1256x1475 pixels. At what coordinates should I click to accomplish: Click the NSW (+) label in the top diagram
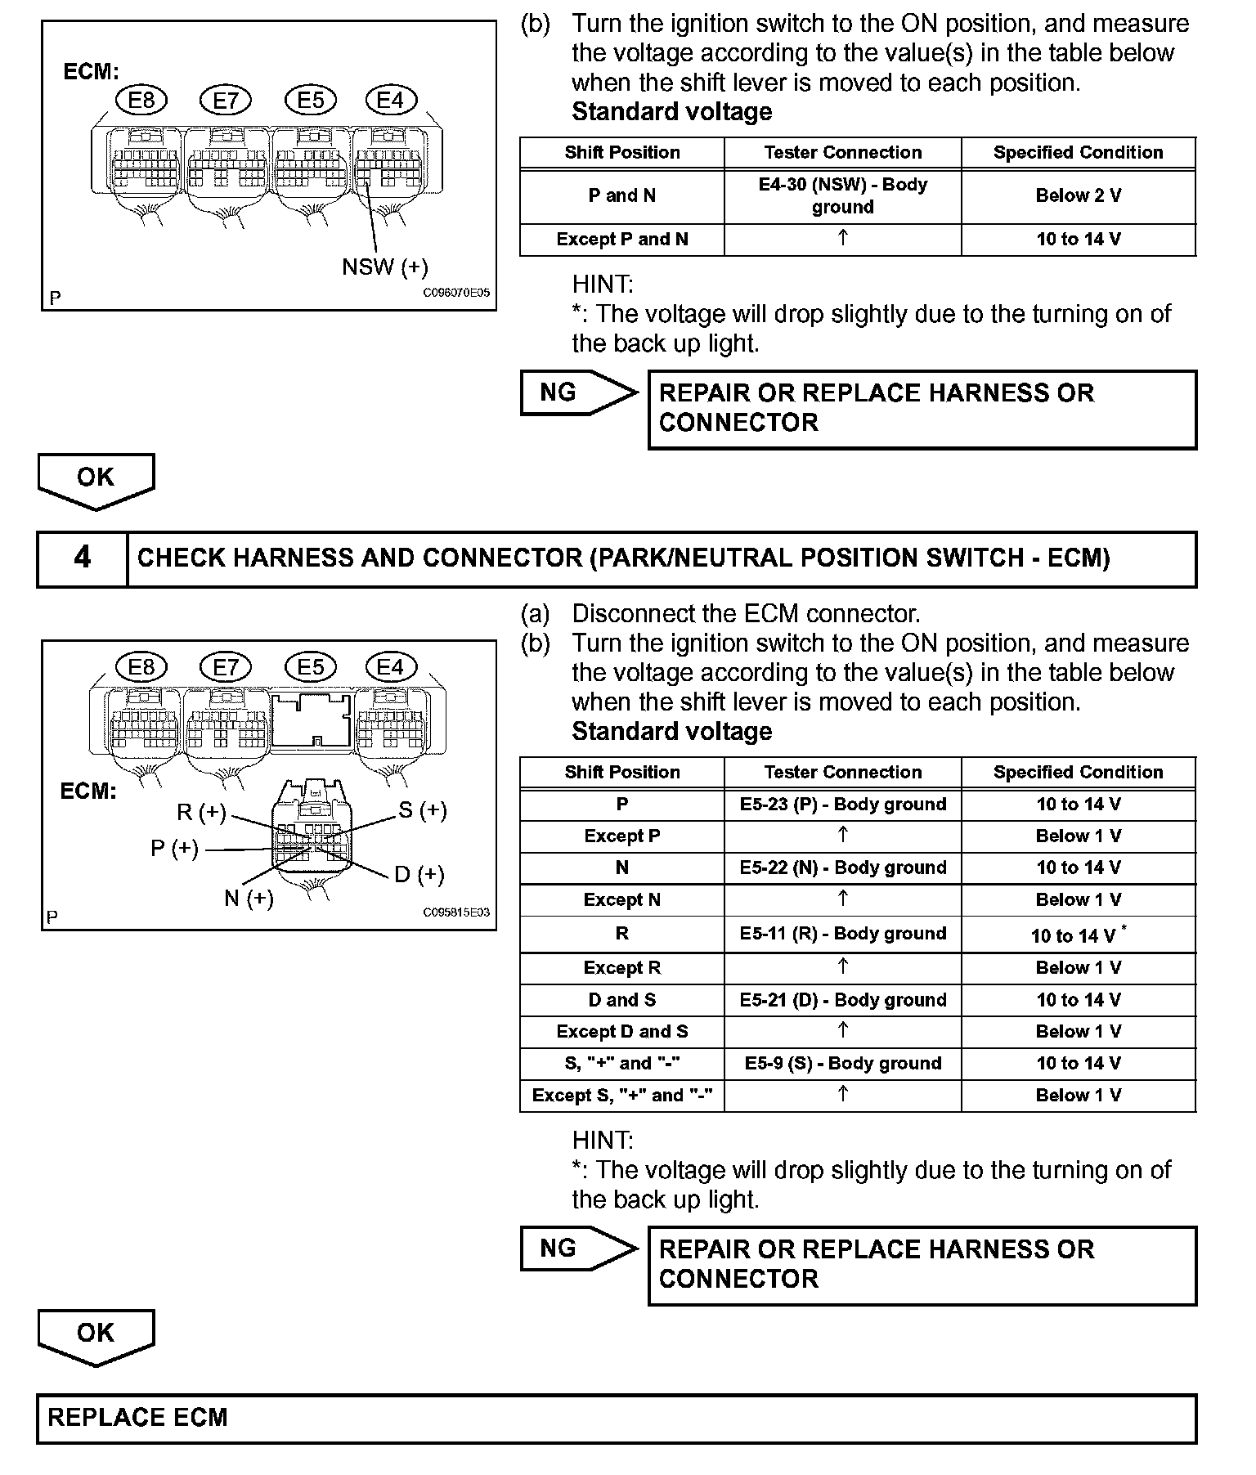tap(384, 267)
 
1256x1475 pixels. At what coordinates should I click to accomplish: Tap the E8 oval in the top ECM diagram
tap(141, 101)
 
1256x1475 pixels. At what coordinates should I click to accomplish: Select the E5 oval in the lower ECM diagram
tap(311, 667)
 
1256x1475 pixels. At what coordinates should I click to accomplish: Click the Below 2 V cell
tap(1078, 196)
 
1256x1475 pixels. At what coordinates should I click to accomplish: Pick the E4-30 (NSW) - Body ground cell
tap(842, 196)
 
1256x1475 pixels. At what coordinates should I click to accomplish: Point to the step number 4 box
tap(83, 558)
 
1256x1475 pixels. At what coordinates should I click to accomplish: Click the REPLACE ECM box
tap(617, 1419)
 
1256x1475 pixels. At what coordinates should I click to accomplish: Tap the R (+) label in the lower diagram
tap(201, 813)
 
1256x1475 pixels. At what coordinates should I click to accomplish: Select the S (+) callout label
tap(423, 810)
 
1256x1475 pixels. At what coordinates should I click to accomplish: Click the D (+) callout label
tap(419, 875)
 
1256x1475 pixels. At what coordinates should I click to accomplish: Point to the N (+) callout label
tap(249, 899)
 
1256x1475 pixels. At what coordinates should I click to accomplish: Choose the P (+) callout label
tap(174, 849)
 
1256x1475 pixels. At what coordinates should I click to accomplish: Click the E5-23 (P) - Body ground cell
tap(842, 805)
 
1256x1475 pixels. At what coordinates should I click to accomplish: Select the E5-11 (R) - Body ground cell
tap(842, 934)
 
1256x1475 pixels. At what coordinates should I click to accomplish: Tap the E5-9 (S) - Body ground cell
tap(842, 1064)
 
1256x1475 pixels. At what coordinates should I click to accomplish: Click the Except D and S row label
tap(621, 1032)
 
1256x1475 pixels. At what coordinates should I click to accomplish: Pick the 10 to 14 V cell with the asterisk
tap(1078, 935)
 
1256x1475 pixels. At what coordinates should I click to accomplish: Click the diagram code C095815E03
tap(456, 912)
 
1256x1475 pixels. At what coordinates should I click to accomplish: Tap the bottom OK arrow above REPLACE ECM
tap(96, 1335)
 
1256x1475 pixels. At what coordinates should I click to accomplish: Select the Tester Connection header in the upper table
tap(842, 153)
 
